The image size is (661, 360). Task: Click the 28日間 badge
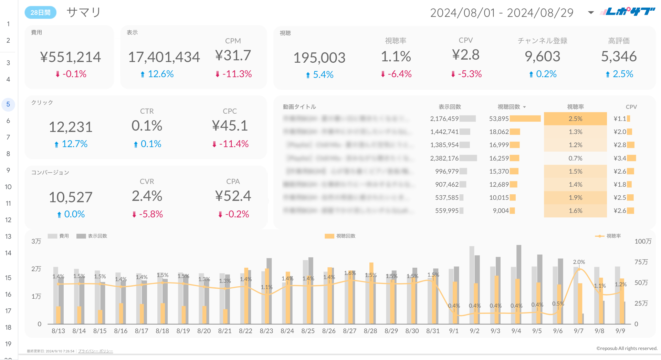pos(40,12)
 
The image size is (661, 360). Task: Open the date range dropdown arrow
pos(591,13)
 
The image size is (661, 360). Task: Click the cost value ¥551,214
pos(70,57)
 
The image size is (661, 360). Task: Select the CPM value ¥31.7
pos(233,55)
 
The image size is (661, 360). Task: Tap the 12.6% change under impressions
pos(160,74)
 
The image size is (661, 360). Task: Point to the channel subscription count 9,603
pos(542,56)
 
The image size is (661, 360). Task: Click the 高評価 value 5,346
pos(619,56)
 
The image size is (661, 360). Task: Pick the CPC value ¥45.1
pos(230,126)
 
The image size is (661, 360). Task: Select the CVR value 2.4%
pos(147,196)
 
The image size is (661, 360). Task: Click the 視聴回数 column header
pos(509,107)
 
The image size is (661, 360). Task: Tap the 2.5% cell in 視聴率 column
pos(575,119)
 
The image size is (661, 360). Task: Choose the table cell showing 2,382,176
pos(444,158)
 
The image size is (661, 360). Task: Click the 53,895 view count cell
pos(499,119)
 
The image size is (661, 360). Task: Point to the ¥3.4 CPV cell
pos(620,158)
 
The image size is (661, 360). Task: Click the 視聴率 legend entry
pos(613,236)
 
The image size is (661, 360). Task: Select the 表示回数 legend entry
pos(97,236)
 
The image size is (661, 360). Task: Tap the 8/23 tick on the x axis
pos(266,331)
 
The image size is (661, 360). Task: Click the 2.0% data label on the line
pos(579,262)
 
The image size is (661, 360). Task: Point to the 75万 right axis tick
pos(641,262)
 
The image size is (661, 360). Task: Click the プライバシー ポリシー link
pos(95,351)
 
